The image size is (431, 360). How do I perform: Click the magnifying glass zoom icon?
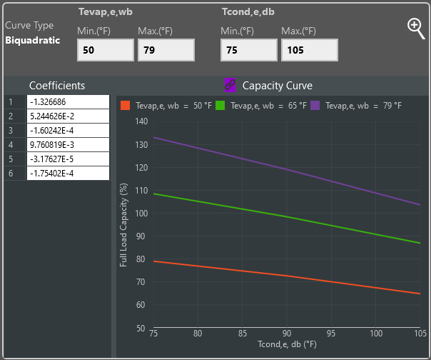coord(415,27)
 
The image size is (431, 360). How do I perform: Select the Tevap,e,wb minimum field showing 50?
coord(106,50)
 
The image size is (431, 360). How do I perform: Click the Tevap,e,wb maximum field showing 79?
coord(166,50)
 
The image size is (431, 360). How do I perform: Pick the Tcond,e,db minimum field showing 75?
coord(248,50)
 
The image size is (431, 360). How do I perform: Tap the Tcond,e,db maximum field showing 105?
coord(309,50)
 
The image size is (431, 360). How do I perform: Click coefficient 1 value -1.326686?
coord(68,101)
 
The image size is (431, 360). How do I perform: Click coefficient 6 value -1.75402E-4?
coord(68,173)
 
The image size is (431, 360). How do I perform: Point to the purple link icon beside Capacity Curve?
coord(230,85)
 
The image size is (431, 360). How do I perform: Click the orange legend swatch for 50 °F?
coord(125,105)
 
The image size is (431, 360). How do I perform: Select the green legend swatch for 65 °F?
coord(220,105)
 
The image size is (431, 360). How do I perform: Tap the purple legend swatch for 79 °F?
coord(315,105)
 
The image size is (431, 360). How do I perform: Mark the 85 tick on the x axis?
coord(243,334)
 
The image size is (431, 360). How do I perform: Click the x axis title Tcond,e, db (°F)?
coord(286,346)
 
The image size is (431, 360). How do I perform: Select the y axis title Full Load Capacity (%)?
coord(123,225)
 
